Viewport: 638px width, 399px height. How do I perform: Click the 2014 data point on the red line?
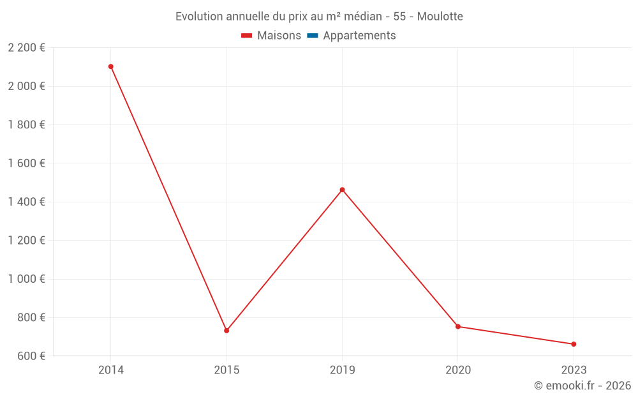[111, 66]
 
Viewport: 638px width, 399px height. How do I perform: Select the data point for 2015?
[226, 331]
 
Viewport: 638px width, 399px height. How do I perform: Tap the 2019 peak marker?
[342, 190]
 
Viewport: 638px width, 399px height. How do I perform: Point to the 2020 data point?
[458, 326]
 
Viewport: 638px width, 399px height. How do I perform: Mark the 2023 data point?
[574, 344]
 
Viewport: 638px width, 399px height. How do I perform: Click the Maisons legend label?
[279, 36]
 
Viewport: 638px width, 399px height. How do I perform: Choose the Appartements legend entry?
[359, 36]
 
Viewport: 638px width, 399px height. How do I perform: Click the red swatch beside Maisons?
[247, 36]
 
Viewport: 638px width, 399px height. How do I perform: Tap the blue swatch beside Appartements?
[313, 36]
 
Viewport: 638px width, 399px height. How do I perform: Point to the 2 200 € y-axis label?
[26, 47]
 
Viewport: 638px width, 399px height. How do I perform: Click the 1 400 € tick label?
[26, 202]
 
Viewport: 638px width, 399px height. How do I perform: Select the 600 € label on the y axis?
[30, 356]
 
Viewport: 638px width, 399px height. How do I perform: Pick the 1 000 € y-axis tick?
[26, 279]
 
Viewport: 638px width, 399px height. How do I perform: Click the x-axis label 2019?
[343, 370]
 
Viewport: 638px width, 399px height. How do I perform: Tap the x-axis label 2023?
[574, 370]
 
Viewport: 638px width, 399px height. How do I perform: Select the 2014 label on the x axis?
[111, 370]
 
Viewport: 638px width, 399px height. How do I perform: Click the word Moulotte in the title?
[440, 17]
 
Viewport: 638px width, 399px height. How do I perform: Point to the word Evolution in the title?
[199, 17]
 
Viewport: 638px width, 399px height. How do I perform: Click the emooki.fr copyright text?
[582, 386]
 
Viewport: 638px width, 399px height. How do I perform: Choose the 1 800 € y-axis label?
[26, 124]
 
